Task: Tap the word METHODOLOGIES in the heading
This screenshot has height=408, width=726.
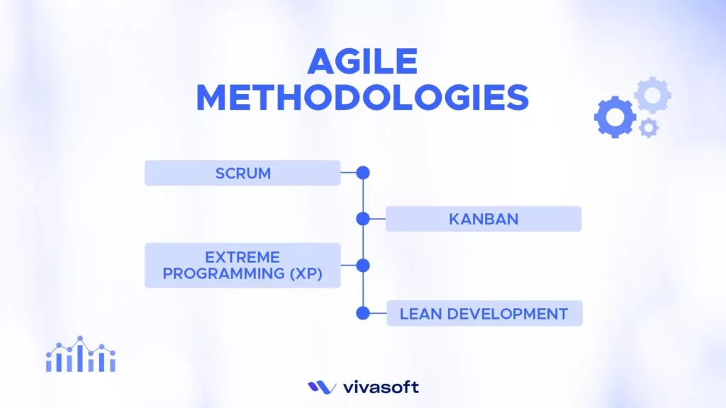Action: [x=362, y=98]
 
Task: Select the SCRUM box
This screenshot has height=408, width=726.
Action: [x=242, y=173]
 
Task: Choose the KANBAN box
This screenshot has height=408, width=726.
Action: [x=484, y=219]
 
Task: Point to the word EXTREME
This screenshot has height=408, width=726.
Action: [x=242, y=257]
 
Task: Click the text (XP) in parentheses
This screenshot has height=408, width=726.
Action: [x=306, y=274]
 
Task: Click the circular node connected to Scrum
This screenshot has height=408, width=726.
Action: [x=363, y=172]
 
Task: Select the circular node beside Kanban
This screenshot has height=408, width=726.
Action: [x=363, y=219]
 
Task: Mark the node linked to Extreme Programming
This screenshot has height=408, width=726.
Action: [x=363, y=266]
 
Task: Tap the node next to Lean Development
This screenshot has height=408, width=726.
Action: [x=363, y=313]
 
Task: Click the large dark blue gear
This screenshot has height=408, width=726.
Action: [x=614, y=116]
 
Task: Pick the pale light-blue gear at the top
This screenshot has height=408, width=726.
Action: [x=652, y=95]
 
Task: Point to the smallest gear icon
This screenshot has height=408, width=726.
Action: [x=648, y=128]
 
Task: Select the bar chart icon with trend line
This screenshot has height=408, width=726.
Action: [x=80, y=355]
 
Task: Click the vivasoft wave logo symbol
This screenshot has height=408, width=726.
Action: [x=322, y=387]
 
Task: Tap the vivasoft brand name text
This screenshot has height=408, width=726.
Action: [x=380, y=387]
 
